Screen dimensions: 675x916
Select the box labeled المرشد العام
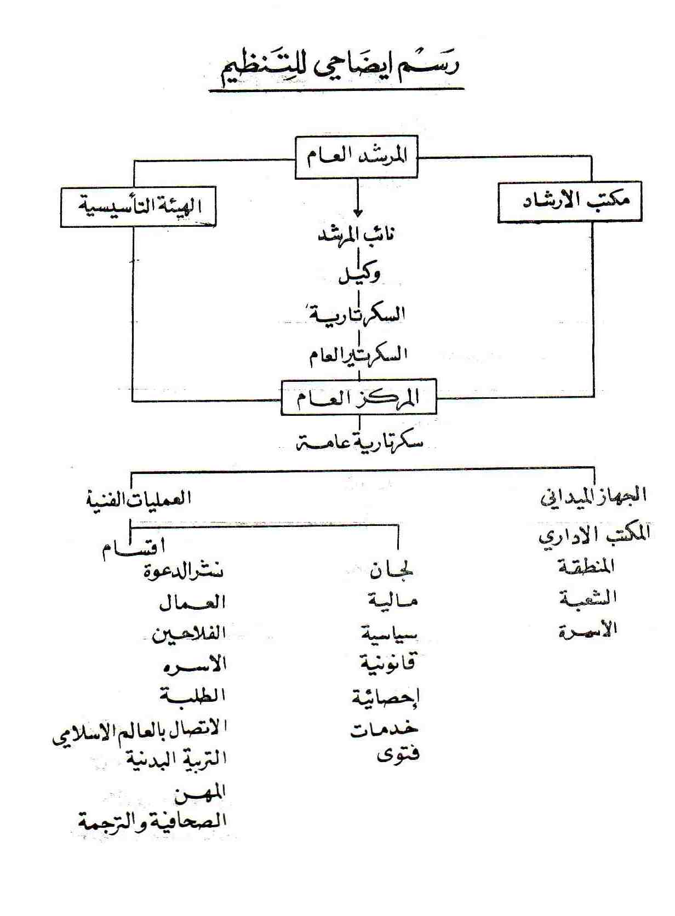357,157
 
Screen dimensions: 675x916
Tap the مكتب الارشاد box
569,202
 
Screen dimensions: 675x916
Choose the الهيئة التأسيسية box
138,207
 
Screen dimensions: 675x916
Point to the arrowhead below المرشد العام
358,212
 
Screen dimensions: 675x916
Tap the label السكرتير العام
358,354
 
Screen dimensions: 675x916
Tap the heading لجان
392,570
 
